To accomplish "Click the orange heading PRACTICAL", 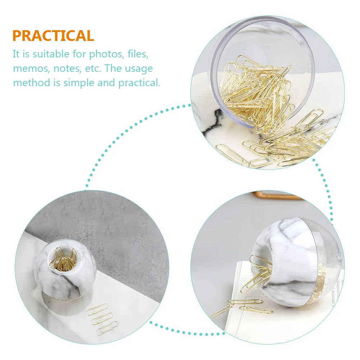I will [53, 36].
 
